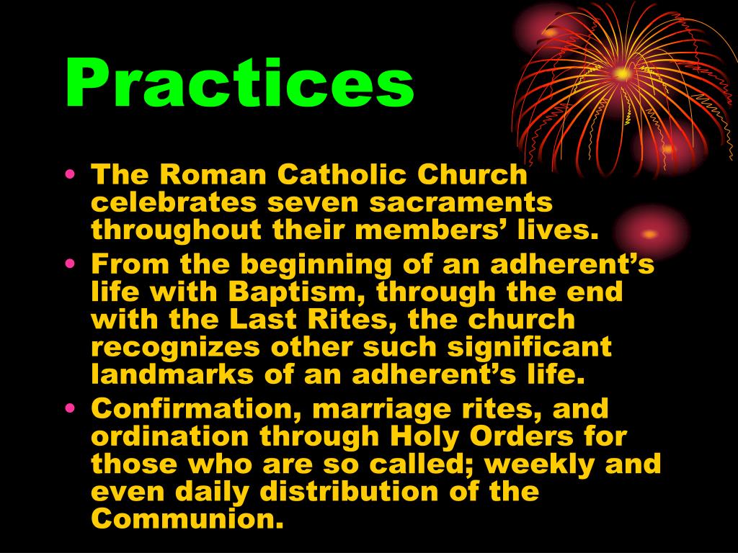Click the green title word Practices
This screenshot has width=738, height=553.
[239, 83]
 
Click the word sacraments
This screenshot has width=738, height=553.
[461, 202]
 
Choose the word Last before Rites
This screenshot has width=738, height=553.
[263, 320]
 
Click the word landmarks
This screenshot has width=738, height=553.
[172, 374]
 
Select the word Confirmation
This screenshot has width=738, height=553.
[196, 409]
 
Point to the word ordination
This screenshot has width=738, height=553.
[169, 436]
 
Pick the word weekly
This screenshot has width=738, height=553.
[539, 464]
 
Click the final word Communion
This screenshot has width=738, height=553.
[187, 519]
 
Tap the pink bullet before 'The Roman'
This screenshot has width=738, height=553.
[70, 174]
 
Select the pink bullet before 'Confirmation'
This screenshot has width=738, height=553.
[70, 408]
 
